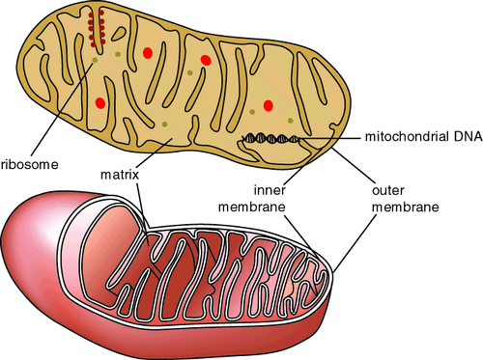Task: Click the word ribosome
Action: [x=30, y=164]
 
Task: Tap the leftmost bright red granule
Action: [x=100, y=102]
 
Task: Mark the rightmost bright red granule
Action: [x=268, y=105]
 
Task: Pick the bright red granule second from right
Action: [x=205, y=61]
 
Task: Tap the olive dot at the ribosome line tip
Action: [x=95, y=60]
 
